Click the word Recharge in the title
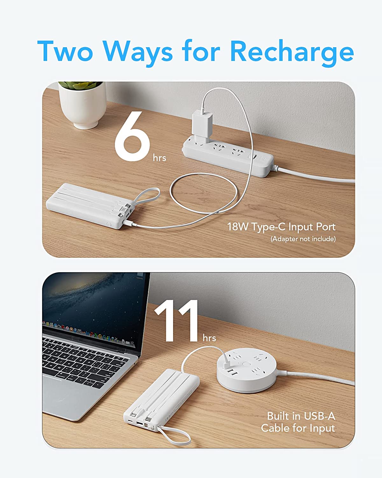[x=292, y=53]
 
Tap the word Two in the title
[x=65, y=51]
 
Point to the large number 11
[x=176, y=321]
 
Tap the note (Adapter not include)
[x=303, y=239]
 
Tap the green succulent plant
[x=80, y=85]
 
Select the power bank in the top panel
[x=90, y=206]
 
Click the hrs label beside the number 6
[x=159, y=158]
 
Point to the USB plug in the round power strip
[x=228, y=364]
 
